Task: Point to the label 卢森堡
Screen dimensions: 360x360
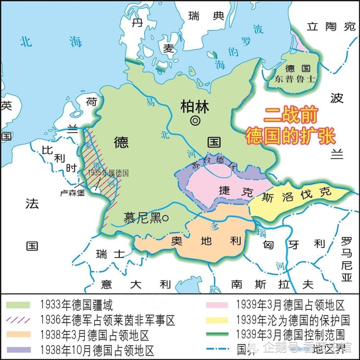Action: point(72,193)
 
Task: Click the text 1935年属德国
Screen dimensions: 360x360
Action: point(108,173)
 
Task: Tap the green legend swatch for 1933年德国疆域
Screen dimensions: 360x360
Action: point(18,305)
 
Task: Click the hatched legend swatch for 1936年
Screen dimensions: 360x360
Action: point(18,319)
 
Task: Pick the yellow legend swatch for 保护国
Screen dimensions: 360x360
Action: point(217,319)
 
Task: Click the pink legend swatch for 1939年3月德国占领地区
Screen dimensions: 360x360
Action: point(217,305)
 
